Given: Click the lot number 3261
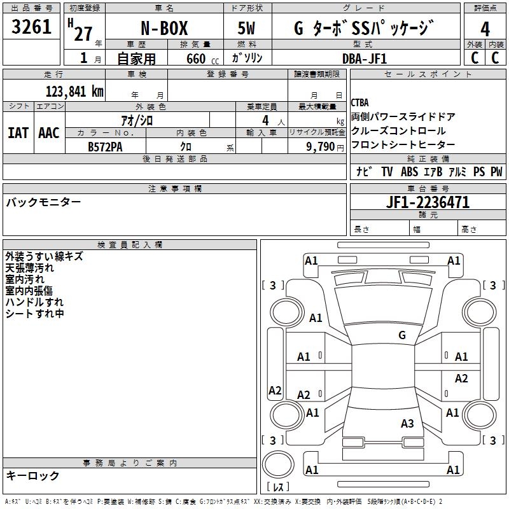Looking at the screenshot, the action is pyautogui.click(x=31, y=26).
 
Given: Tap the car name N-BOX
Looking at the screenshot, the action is pyautogui.click(x=164, y=28).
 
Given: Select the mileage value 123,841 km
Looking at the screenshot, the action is pyautogui.click(x=74, y=91).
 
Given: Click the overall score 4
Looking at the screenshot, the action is pyautogui.click(x=485, y=29).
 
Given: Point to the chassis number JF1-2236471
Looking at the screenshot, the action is pyautogui.click(x=428, y=202).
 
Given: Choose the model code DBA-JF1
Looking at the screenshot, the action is pyautogui.click(x=365, y=59).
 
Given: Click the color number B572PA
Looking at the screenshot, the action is pyautogui.click(x=105, y=147).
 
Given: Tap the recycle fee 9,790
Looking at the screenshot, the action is pyautogui.click(x=321, y=146).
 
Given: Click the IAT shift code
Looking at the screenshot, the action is pyautogui.click(x=18, y=133).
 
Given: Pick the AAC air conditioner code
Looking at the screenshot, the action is pyautogui.click(x=49, y=133).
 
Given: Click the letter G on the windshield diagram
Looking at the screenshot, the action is pyautogui.click(x=402, y=335).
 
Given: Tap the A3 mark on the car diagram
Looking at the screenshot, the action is pyautogui.click(x=407, y=423).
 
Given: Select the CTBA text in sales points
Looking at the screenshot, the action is pyautogui.click(x=359, y=102).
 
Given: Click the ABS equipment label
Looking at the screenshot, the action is pyautogui.click(x=409, y=171).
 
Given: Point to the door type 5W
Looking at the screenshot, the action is pyautogui.click(x=246, y=28).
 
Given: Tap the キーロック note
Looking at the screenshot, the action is pyautogui.click(x=32, y=475).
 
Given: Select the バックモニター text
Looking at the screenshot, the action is pyautogui.click(x=43, y=202).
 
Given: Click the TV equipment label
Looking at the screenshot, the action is pyautogui.click(x=387, y=171).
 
